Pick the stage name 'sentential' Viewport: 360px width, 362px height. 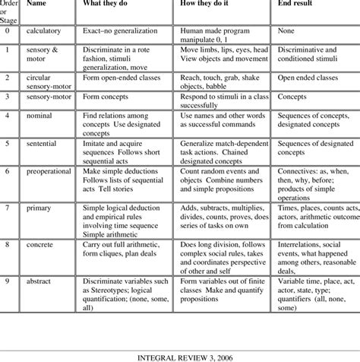point(44,142)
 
